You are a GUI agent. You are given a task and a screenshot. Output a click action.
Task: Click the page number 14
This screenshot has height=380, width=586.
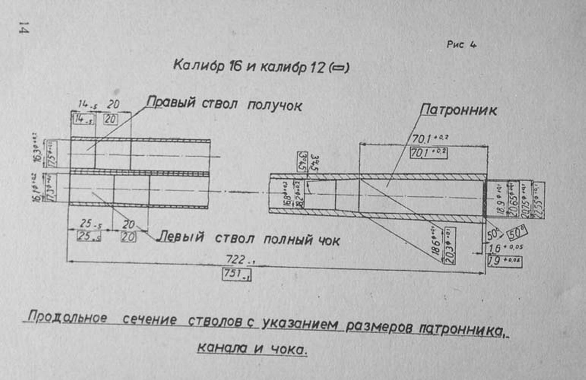(x=23, y=28)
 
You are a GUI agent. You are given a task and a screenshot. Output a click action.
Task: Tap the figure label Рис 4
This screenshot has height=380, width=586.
(x=461, y=44)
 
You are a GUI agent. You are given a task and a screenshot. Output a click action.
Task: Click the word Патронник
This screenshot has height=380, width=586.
(x=459, y=110)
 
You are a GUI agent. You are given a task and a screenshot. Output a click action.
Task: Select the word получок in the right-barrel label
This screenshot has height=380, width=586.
(x=274, y=106)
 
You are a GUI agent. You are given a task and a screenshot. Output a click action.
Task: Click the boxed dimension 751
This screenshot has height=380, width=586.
(x=236, y=274)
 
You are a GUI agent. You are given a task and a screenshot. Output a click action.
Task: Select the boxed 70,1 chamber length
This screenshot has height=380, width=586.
(x=428, y=153)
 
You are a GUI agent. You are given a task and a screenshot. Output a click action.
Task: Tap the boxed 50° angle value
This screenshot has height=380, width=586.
(x=517, y=232)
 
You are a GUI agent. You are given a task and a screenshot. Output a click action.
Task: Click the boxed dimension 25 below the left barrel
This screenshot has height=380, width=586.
(x=89, y=236)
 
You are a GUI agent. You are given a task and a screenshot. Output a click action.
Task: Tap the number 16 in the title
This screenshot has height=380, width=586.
(x=235, y=66)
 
